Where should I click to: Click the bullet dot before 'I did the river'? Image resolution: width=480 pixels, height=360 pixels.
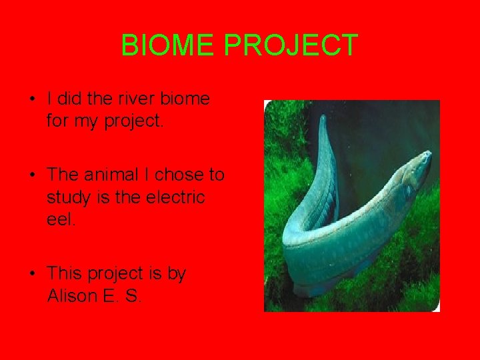[x=32, y=100]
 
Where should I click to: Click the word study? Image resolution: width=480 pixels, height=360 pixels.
[x=69, y=197]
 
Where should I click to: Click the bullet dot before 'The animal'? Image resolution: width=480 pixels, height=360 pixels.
[x=32, y=175]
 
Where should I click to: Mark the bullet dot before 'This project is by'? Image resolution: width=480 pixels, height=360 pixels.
[x=32, y=274]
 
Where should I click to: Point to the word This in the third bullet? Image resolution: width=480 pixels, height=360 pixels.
[x=65, y=273]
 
